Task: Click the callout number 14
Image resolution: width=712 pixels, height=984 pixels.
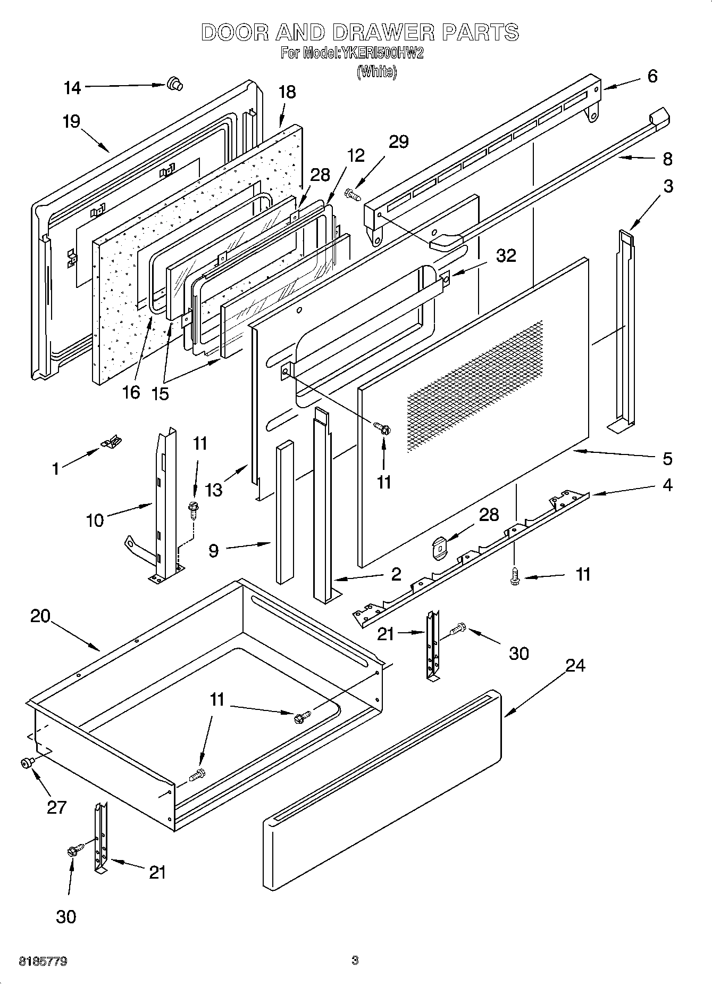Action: tap(72, 88)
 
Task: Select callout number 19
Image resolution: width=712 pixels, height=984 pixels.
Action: tap(71, 121)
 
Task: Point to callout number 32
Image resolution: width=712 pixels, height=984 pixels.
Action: tap(506, 256)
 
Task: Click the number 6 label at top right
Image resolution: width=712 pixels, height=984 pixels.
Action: tap(652, 76)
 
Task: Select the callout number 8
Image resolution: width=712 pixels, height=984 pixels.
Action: tap(667, 159)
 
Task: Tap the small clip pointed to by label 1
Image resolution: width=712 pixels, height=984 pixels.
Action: tap(111, 441)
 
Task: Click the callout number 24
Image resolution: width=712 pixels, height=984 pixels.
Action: tap(575, 665)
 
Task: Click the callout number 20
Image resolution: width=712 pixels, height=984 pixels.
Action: tap(40, 616)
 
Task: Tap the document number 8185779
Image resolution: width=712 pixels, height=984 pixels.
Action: tap(43, 961)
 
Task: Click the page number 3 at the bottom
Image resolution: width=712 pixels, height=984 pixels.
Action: tap(355, 961)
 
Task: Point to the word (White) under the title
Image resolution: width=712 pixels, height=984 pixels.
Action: tap(376, 71)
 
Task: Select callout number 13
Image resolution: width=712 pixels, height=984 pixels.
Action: tap(214, 490)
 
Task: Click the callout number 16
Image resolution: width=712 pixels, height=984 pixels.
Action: tap(131, 392)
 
